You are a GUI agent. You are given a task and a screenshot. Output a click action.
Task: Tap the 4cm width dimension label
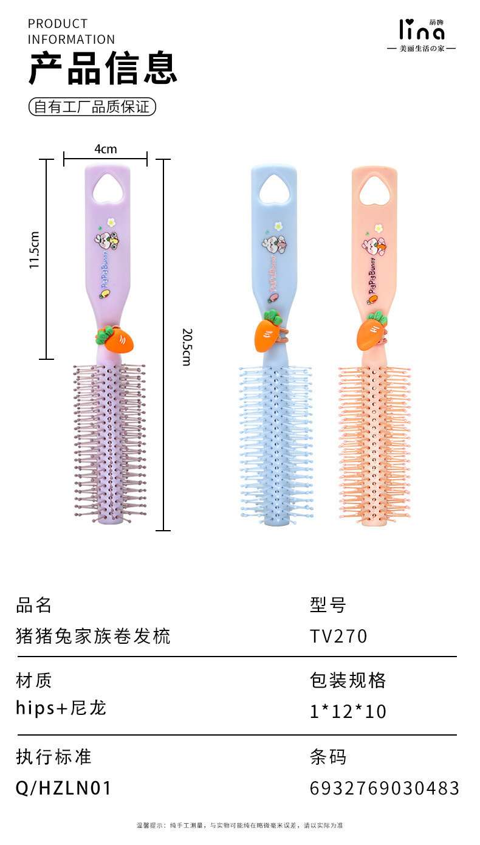click(x=105, y=149)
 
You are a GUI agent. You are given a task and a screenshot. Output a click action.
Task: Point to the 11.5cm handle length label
click(x=35, y=250)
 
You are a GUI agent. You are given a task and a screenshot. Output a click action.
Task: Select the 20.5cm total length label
click(x=187, y=347)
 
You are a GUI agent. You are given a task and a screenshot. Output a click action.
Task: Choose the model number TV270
click(x=338, y=636)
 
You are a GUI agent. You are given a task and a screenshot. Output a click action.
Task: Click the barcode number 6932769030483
click(x=384, y=788)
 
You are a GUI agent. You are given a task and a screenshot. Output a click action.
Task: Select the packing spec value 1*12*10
click(x=348, y=711)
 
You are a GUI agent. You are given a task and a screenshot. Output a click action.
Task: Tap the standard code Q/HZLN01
click(x=64, y=788)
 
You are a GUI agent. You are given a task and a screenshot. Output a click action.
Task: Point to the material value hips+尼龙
click(x=61, y=708)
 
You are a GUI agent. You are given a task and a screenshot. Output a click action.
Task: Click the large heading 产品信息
click(x=103, y=69)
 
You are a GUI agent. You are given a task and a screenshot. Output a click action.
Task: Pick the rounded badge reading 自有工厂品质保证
click(x=92, y=107)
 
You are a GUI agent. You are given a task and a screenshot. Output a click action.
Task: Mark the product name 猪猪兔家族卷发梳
click(x=93, y=636)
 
